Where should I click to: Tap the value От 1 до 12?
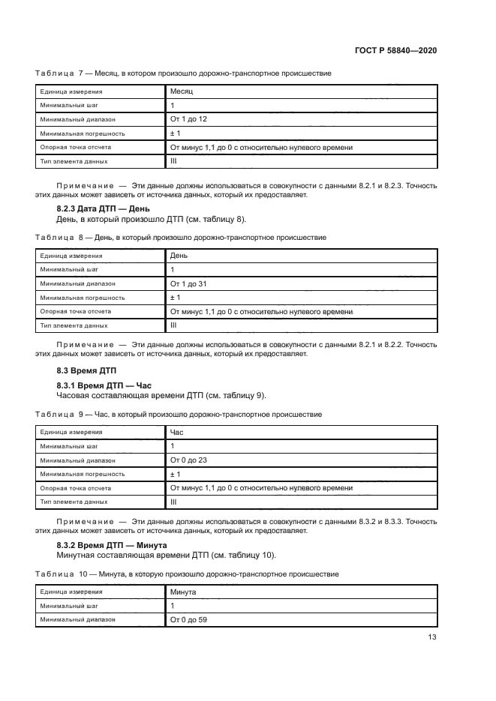[188, 119]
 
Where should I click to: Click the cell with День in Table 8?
[179, 256]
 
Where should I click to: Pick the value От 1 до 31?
[188, 283]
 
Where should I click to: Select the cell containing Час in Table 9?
[177, 433]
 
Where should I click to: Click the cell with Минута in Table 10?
[184, 592]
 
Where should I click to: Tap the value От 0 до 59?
[188, 620]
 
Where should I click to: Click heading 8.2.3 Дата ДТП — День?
[104, 209]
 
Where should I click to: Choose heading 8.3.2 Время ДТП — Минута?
[112, 545]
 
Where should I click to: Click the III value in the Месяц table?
[174, 161]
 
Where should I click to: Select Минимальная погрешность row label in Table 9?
[83, 475]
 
